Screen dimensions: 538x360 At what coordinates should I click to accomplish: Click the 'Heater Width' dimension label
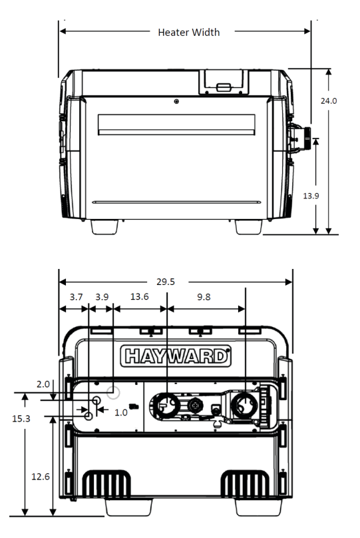(x=188, y=32)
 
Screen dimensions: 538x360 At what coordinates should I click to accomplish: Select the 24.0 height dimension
(x=329, y=101)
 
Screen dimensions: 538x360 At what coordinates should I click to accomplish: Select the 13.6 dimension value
(x=139, y=297)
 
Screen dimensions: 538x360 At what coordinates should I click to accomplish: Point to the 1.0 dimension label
(x=120, y=412)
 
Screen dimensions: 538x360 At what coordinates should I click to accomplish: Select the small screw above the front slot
(x=176, y=101)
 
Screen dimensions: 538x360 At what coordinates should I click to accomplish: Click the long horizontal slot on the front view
(x=176, y=124)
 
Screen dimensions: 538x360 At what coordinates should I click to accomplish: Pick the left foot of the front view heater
(x=105, y=226)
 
